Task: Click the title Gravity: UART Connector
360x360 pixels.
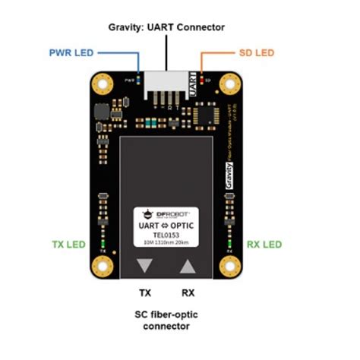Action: coord(166,27)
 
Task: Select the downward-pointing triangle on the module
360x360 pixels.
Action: coord(144,266)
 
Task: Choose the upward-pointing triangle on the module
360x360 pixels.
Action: coord(188,266)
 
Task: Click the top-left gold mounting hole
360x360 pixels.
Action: coord(101,83)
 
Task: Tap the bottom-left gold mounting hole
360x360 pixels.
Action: coord(101,266)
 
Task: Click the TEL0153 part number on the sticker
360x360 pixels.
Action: coord(166,235)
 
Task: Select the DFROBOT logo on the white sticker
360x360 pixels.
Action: coord(166,215)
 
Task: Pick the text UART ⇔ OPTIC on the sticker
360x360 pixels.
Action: coord(166,226)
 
